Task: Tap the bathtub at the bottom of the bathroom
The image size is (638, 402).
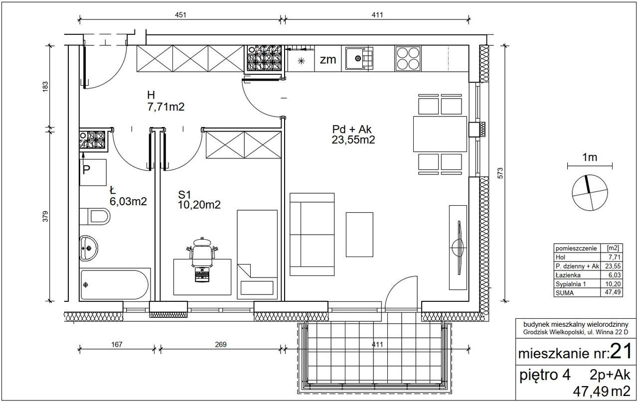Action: [115, 284]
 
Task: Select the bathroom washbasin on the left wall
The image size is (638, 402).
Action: [88, 248]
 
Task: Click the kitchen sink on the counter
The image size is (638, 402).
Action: [359, 59]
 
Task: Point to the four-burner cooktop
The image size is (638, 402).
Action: [408, 59]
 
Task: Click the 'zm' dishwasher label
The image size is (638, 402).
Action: [328, 59]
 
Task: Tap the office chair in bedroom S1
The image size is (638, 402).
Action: [202, 252]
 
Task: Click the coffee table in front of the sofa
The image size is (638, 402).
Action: [359, 235]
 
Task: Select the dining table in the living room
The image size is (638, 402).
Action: [440, 134]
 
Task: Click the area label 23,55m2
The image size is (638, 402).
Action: [353, 140]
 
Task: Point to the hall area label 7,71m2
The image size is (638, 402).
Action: [166, 107]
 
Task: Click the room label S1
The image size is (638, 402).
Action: [184, 195]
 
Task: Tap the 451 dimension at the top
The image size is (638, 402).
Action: [180, 15]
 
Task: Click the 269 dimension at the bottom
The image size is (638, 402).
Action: [221, 345]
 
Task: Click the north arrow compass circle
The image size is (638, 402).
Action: [590, 193]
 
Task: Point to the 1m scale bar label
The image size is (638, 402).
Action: [590, 157]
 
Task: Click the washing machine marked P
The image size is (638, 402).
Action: [93, 172]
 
